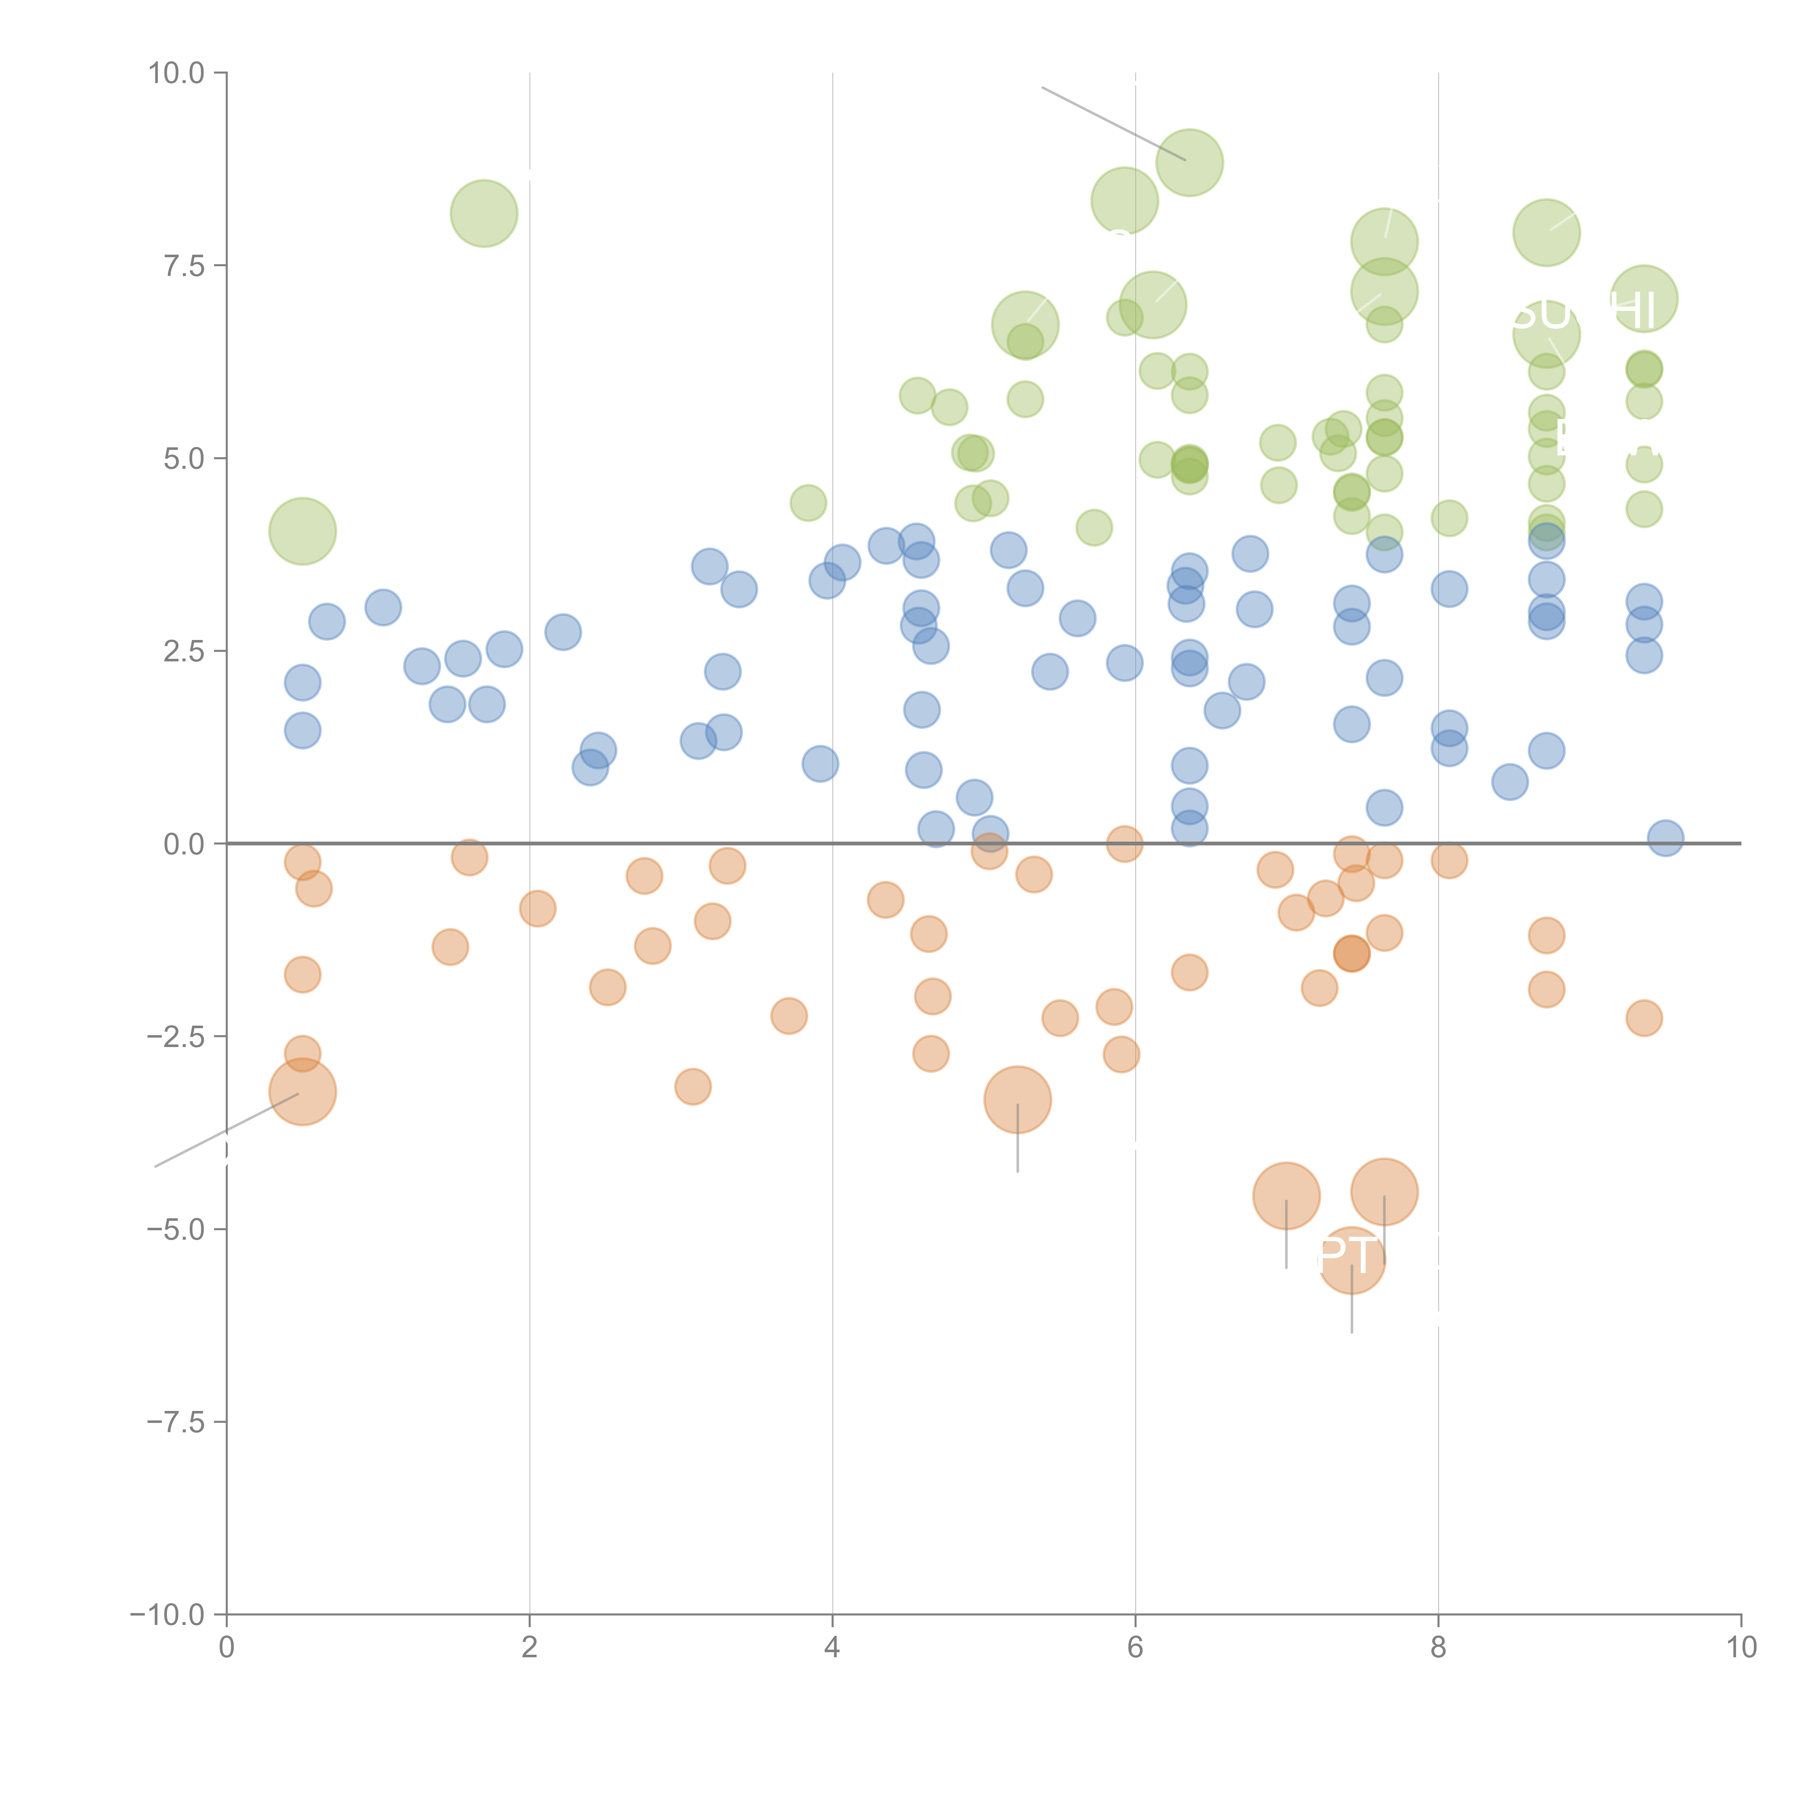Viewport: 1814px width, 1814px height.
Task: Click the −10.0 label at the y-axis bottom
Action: (167, 1615)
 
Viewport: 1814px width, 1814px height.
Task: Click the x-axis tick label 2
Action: (530, 1648)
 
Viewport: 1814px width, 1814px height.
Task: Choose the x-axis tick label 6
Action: (1135, 1648)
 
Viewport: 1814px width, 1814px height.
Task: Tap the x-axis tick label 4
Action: (832, 1648)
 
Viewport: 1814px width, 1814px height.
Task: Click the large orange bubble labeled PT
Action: (1351, 1260)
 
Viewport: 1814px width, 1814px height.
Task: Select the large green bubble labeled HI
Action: (1643, 299)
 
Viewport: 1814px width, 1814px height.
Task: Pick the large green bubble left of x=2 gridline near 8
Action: (484, 213)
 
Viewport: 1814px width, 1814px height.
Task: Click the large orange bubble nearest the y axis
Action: (302, 1092)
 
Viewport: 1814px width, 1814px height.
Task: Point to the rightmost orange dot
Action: (1643, 1018)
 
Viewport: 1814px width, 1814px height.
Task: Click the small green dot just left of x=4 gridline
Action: (808, 503)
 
